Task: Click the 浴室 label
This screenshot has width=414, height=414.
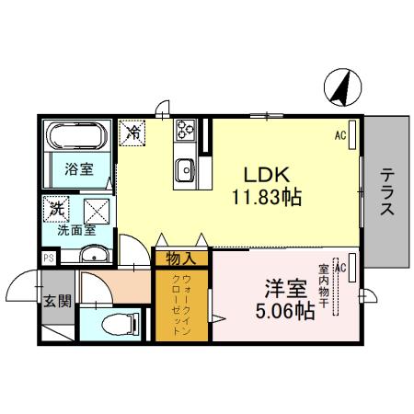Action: (x=78, y=168)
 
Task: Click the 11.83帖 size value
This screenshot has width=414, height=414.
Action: (x=268, y=196)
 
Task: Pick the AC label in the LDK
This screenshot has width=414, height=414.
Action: (x=339, y=137)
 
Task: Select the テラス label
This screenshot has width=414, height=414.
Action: (x=387, y=190)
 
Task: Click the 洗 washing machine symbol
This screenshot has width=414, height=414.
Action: (x=57, y=209)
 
